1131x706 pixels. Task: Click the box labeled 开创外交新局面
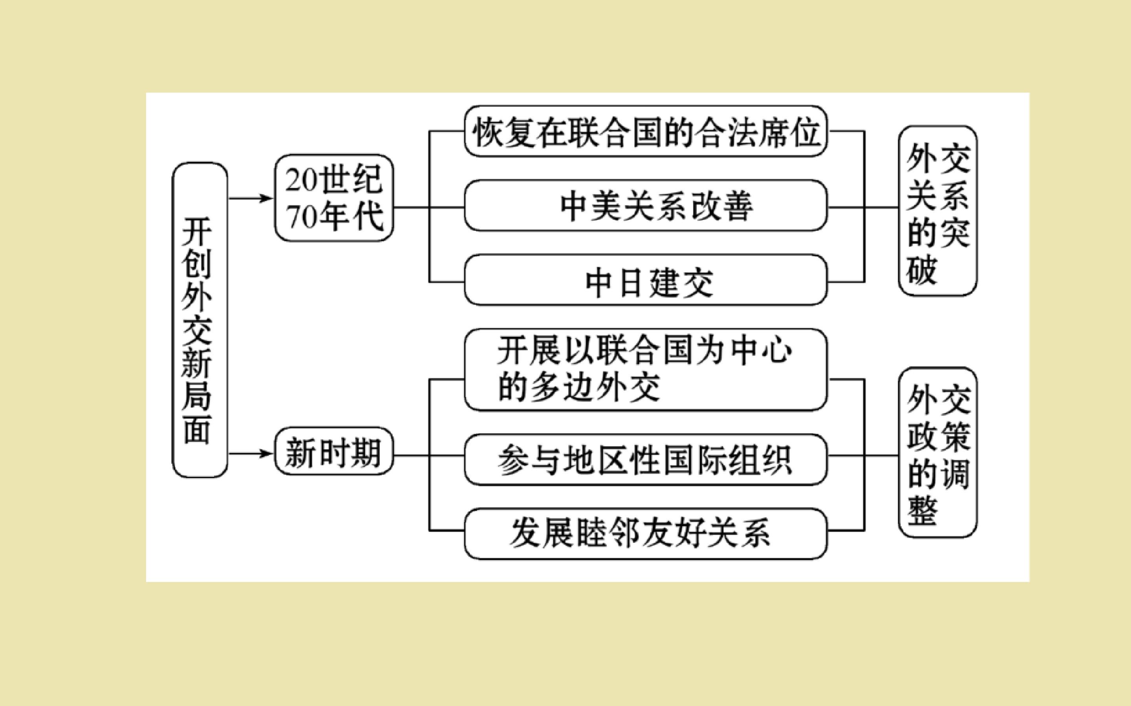[200, 320]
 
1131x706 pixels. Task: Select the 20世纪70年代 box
[333, 198]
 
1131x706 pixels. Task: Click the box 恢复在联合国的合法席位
[646, 131]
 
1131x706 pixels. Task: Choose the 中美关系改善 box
[646, 206]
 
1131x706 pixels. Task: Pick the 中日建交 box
[646, 280]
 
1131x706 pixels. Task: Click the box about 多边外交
[646, 370]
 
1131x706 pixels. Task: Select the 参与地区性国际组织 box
[646, 460]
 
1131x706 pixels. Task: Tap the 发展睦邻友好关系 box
[646, 534]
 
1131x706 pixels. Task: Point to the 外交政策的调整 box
[938, 452]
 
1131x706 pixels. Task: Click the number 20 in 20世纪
[301, 180]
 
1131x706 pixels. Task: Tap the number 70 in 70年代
[301, 217]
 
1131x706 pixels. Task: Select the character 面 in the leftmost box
[197, 429]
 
